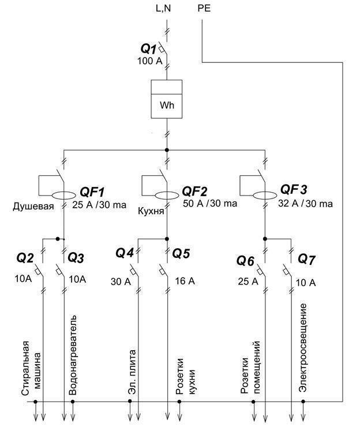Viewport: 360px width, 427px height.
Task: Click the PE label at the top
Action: [204, 9]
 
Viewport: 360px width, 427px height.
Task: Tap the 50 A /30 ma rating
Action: [209, 204]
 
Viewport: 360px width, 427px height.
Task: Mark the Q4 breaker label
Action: [125, 253]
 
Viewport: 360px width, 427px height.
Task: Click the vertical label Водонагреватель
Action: [73, 355]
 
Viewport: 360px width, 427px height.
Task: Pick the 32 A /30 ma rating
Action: [306, 204]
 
